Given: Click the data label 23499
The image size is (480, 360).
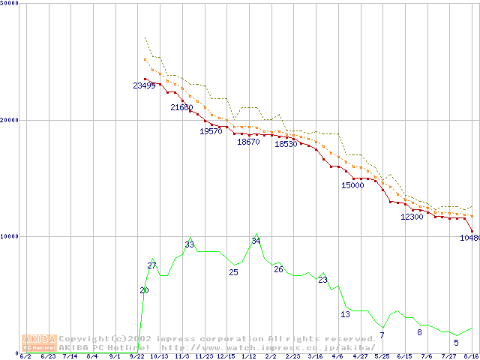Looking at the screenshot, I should tap(144, 86).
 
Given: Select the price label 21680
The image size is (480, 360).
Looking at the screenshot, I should tap(181, 108).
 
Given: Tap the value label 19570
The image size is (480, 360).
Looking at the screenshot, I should tap(211, 131).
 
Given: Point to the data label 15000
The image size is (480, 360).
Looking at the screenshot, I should tap(352, 185).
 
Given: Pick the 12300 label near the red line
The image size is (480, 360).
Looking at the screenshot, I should tap(412, 217).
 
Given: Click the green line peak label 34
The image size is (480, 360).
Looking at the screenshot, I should tap(256, 241).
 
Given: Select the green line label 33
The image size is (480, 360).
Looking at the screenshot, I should tap(190, 245).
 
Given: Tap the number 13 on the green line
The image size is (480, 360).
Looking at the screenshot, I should tap(345, 314).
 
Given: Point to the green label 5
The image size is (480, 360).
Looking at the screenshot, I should tap(456, 343).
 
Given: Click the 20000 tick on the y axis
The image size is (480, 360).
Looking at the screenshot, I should tap(10, 120).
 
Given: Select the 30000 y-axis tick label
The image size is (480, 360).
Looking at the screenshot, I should tap(10, 3).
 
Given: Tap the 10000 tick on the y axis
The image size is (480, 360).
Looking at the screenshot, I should tap(10, 236).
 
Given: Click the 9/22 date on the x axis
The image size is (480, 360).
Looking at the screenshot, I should tap(136, 356).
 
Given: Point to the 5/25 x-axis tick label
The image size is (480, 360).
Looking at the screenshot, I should tap(382, 356).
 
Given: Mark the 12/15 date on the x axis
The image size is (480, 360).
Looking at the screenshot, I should tap(226, 356).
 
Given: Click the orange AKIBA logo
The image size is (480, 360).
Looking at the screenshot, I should tap(39, 343).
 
